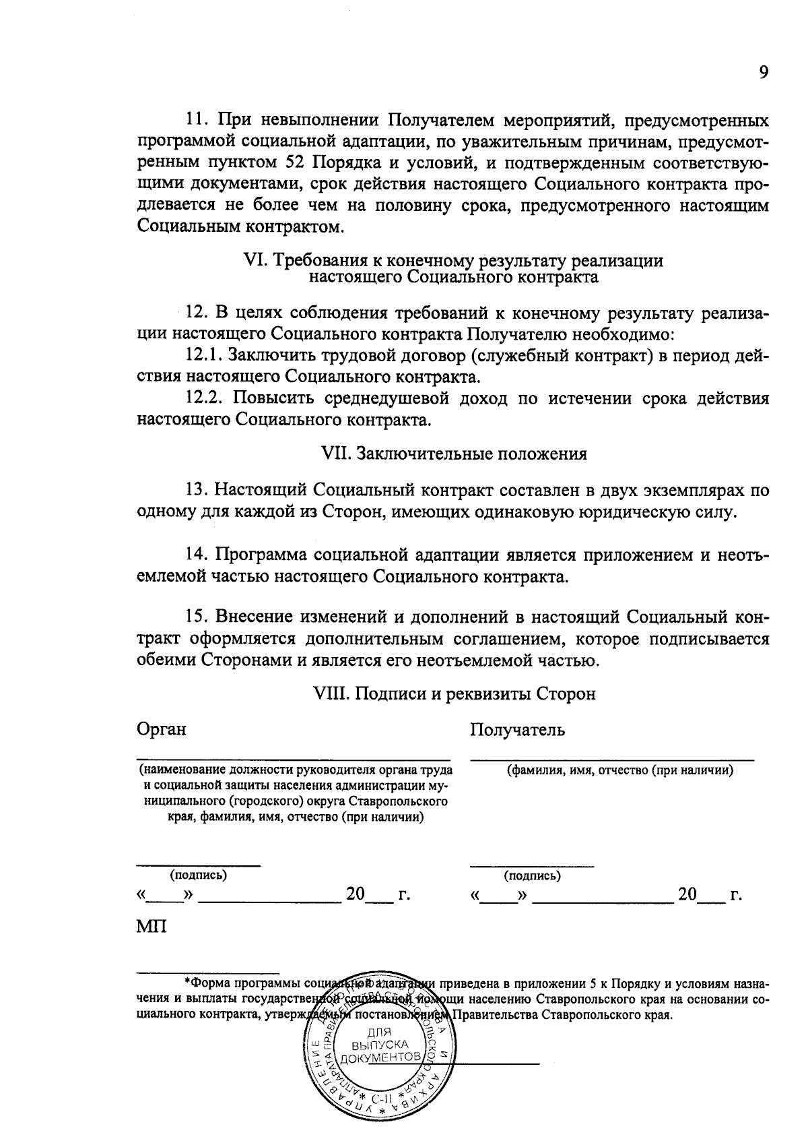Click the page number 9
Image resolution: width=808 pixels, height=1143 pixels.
pyautogui.click(x=763, y=73)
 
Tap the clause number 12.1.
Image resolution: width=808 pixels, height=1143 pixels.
pyautogui.click(x=204, y=354)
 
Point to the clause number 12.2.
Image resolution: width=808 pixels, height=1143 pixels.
pyautogui.click(x=204, y=398)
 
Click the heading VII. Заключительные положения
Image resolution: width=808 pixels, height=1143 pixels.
pyautogui.click(x=454, y=454)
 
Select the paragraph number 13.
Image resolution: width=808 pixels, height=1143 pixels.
pyautogui.click(x=195, y=490)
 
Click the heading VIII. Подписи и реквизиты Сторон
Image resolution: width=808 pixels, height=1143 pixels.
pyautogui.click(x=454, y=693)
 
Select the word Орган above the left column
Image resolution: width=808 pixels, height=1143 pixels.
pyautogui.click(x=161, y=729)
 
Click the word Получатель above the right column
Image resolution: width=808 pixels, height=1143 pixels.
pyautogui.click(x=517, y=730)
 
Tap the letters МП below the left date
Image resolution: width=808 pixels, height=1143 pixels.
pyautogui.click(x=151, y=926)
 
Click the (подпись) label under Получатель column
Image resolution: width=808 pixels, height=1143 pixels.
pyautogui.click(x=532, y=875)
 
